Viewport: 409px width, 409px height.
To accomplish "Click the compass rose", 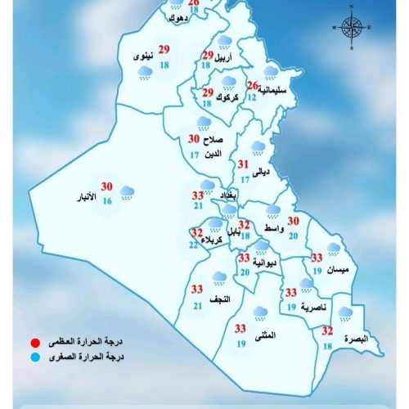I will click(351, 28).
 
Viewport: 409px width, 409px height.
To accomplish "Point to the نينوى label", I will click(141, 56).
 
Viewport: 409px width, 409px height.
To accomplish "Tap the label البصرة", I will click(357, 339).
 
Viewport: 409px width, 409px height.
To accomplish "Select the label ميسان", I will click(336, 269).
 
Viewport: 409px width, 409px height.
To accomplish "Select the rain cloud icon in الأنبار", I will click(128, 193).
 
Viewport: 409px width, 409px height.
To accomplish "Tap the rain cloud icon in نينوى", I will click(145, 74).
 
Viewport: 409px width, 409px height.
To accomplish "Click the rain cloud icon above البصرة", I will click(346, 312).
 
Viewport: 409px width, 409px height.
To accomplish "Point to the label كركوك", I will click(226, 98).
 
